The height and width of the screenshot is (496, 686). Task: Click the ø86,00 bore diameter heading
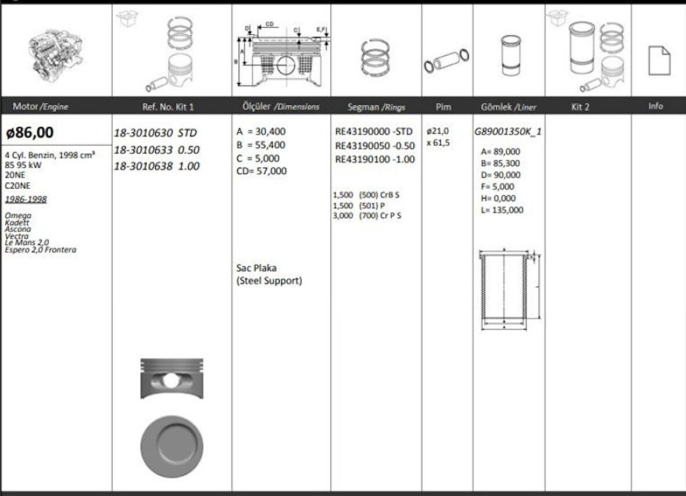[30, 132]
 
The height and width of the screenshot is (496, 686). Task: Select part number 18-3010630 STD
[155, 133]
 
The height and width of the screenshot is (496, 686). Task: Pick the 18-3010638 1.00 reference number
[156, 166]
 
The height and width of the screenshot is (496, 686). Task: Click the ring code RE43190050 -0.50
[375, 146]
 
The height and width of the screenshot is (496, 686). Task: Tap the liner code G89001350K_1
[508, 131]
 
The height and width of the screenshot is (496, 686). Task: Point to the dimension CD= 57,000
[262, 171]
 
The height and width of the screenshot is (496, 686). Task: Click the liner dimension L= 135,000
[502, 210]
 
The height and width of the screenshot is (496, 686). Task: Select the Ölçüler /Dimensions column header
[281, 107]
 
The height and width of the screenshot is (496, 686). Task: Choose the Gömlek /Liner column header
[509, 107]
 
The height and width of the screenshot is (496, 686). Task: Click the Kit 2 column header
[580, 107]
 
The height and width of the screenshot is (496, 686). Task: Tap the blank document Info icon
[659, 60]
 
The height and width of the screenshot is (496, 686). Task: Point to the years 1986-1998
[26, 199]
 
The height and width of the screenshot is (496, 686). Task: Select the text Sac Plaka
[256, 268]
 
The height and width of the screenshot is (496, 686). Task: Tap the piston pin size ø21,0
[438, 131]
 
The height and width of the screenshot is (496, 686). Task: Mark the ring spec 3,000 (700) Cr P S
[367, 215]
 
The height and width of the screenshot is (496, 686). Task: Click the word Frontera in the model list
[63, 250]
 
